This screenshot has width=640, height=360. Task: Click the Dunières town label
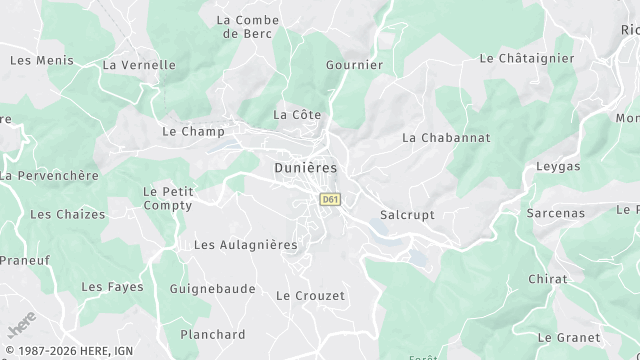tap(305, 168)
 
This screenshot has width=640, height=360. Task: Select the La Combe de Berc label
tap(245, 26)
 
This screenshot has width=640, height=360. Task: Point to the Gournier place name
tap(354, 65)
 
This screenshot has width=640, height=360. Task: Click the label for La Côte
tap(297, 115)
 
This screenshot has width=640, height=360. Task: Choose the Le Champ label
tap(190, 131)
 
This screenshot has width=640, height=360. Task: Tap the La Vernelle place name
tap(139, 65)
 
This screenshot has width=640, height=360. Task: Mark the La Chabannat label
tap(446, 137)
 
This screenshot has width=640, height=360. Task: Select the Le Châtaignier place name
tap(527, 59)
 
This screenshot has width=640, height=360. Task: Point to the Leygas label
tap(558, 166)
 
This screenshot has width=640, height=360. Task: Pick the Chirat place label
tap(547, 279)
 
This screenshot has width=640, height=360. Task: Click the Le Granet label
tap(569, 338)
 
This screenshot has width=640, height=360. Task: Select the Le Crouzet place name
tap(310, 295)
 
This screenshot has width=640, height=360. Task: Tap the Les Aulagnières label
tap(245, 244)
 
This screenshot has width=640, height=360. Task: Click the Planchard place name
tap(212, 334)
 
